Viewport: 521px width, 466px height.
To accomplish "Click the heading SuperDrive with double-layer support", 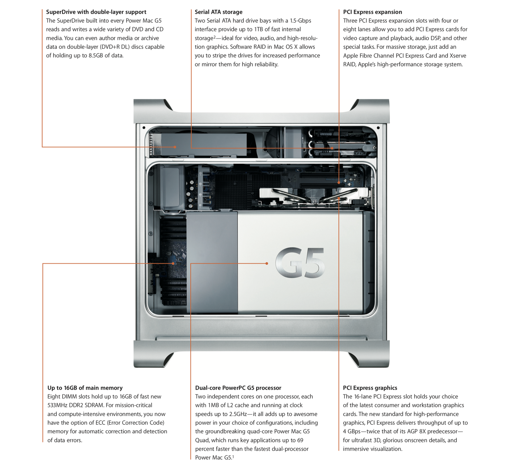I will pyautogui.click(x=96, y=12).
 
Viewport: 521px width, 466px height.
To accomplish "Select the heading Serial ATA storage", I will pyautogui.click(x=219, y=12).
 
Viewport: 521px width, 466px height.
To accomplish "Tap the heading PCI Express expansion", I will pyautogui.click(x=372, y=12).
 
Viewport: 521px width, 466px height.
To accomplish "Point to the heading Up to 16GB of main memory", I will pyautogui.click(x=85, y=388).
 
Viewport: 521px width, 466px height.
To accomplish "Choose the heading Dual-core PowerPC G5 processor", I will pyautogui.click(x=238, y=388).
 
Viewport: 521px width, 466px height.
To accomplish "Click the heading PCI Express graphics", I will pyautogui.click(x=370, y=388).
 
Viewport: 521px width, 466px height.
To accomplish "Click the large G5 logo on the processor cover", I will pyautogui.click(x=300, y=263).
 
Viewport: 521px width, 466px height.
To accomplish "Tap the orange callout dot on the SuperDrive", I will pyautogui.click(x=175, y=147).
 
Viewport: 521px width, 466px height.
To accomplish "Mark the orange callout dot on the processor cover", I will pyautogui.click(x=267, y=263).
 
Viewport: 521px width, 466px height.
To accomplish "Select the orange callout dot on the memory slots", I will pyautogui.click(x=173, y=263).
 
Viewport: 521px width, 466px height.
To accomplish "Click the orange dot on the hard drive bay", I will pyautogui.click(x=332, y=148).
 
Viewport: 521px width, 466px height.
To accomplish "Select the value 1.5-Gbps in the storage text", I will pyautogui.click(x=300, y=21).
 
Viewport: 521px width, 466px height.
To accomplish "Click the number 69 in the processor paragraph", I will pyautogui.click(x=300, y=440).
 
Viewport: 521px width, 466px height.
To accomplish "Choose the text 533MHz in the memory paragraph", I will pyautogui.click(x=59, y=406).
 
